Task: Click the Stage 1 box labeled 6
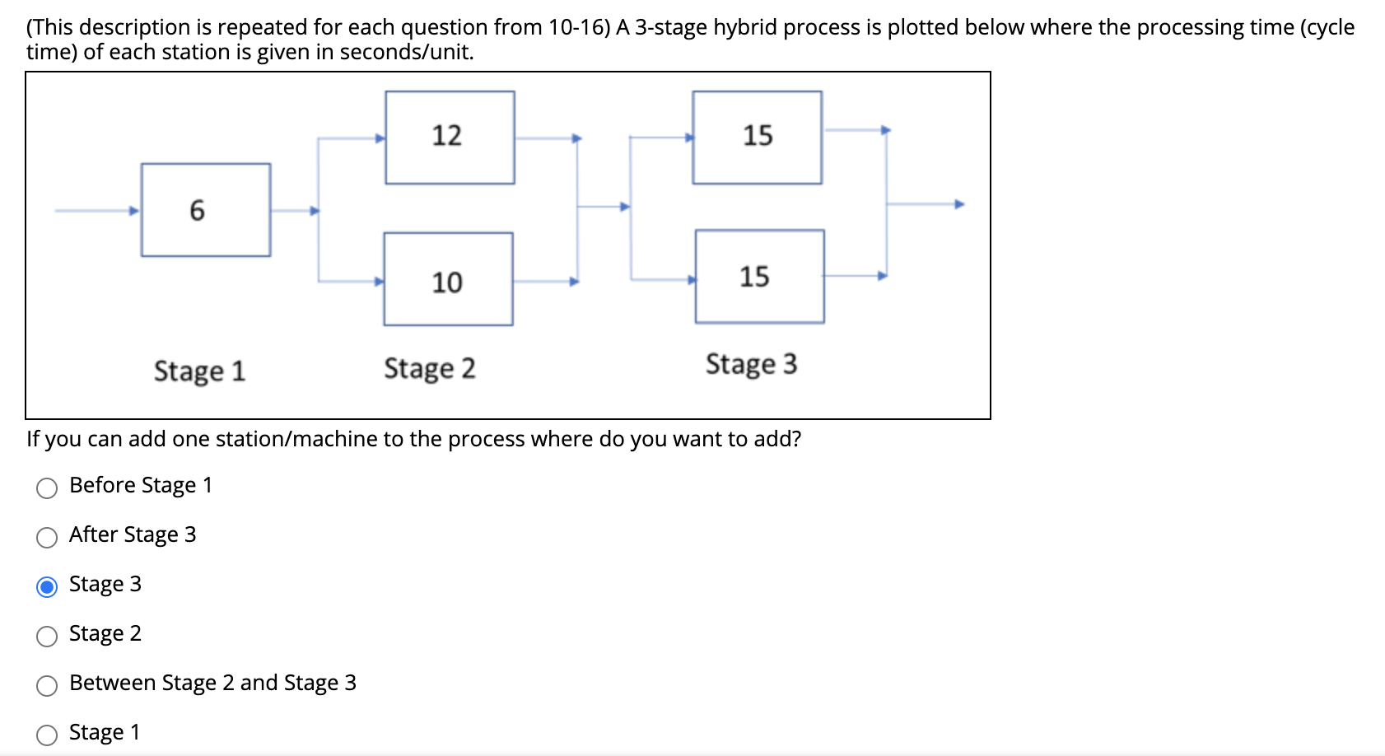click(x=206, y=210)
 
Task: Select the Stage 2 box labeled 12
click(x=450, y=137)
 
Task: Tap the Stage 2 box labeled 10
click(x=448, y=279)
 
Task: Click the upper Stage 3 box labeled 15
click(x=757, y=137)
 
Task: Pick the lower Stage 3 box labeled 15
click(x=759, y=277)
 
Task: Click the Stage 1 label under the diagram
click(x=199, y=371)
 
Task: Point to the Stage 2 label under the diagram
click(x=429, y=368)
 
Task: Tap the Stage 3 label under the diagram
click(x=751, y=364)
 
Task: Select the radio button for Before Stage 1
click(x=47, y=488)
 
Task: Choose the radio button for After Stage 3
click(x=47, y=538)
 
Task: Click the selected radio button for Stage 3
click(x=47, y=587)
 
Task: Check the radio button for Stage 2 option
click(x=47, y=637)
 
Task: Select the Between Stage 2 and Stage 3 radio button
click(x=47, y=686)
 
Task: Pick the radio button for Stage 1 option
click(x=47, y=735)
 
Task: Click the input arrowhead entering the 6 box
click(x=134, y=211)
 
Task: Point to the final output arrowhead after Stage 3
click(x=958, y=204)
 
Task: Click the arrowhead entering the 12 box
click(x=380, y=138)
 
